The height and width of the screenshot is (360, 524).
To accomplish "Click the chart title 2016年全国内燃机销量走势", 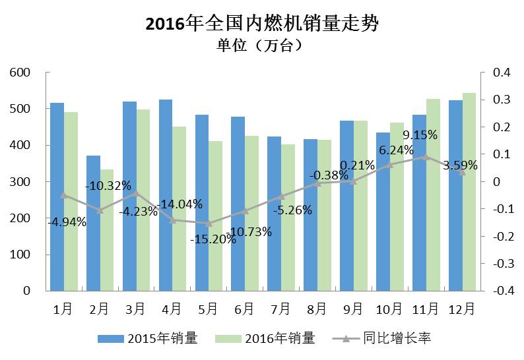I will (x=261, y=24).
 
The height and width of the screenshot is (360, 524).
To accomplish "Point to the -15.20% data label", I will (x=213, y=239).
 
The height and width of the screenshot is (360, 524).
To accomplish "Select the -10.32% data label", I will (x=108, y=185).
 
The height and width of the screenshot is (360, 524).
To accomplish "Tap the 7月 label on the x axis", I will (x=280, y=309).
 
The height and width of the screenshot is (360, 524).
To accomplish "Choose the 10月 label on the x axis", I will (x=389, y=309).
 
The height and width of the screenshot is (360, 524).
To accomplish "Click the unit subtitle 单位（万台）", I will (x=261, y=45).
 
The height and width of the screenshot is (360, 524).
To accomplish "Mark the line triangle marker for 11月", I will (x=426, y=157).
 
